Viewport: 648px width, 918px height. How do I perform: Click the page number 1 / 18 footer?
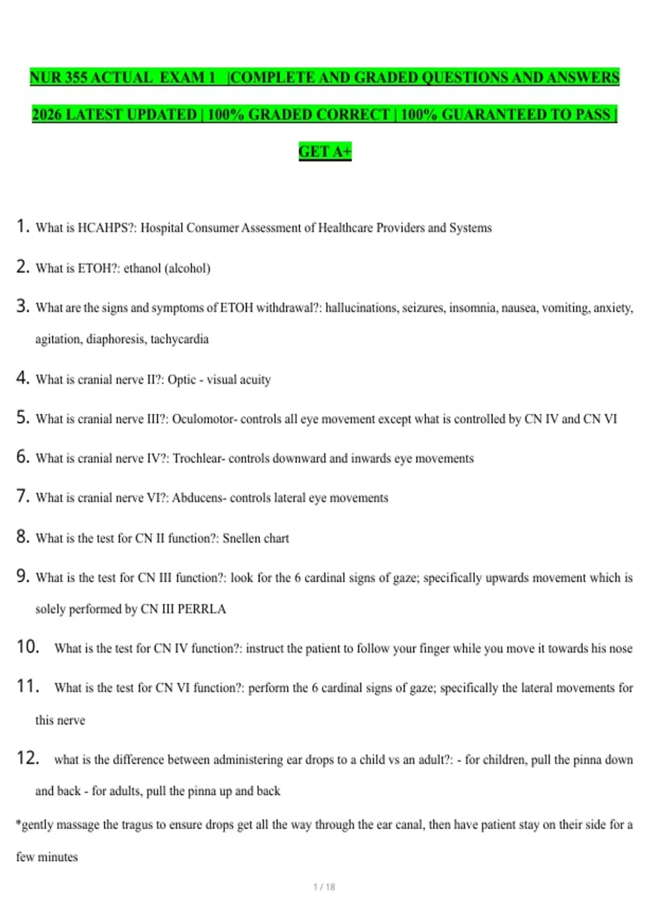324,887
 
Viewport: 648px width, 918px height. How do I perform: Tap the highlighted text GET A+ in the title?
325,152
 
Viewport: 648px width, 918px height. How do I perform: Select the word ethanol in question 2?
142,268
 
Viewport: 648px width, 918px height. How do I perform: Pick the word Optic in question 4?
181,380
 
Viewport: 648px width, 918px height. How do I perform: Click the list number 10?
28,647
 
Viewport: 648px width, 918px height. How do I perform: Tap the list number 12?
28,758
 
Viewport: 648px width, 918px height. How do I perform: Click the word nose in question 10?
620,649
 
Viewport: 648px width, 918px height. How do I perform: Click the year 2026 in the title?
46,114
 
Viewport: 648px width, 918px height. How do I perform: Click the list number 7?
22,496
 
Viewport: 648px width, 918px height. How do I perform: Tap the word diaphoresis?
116,339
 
